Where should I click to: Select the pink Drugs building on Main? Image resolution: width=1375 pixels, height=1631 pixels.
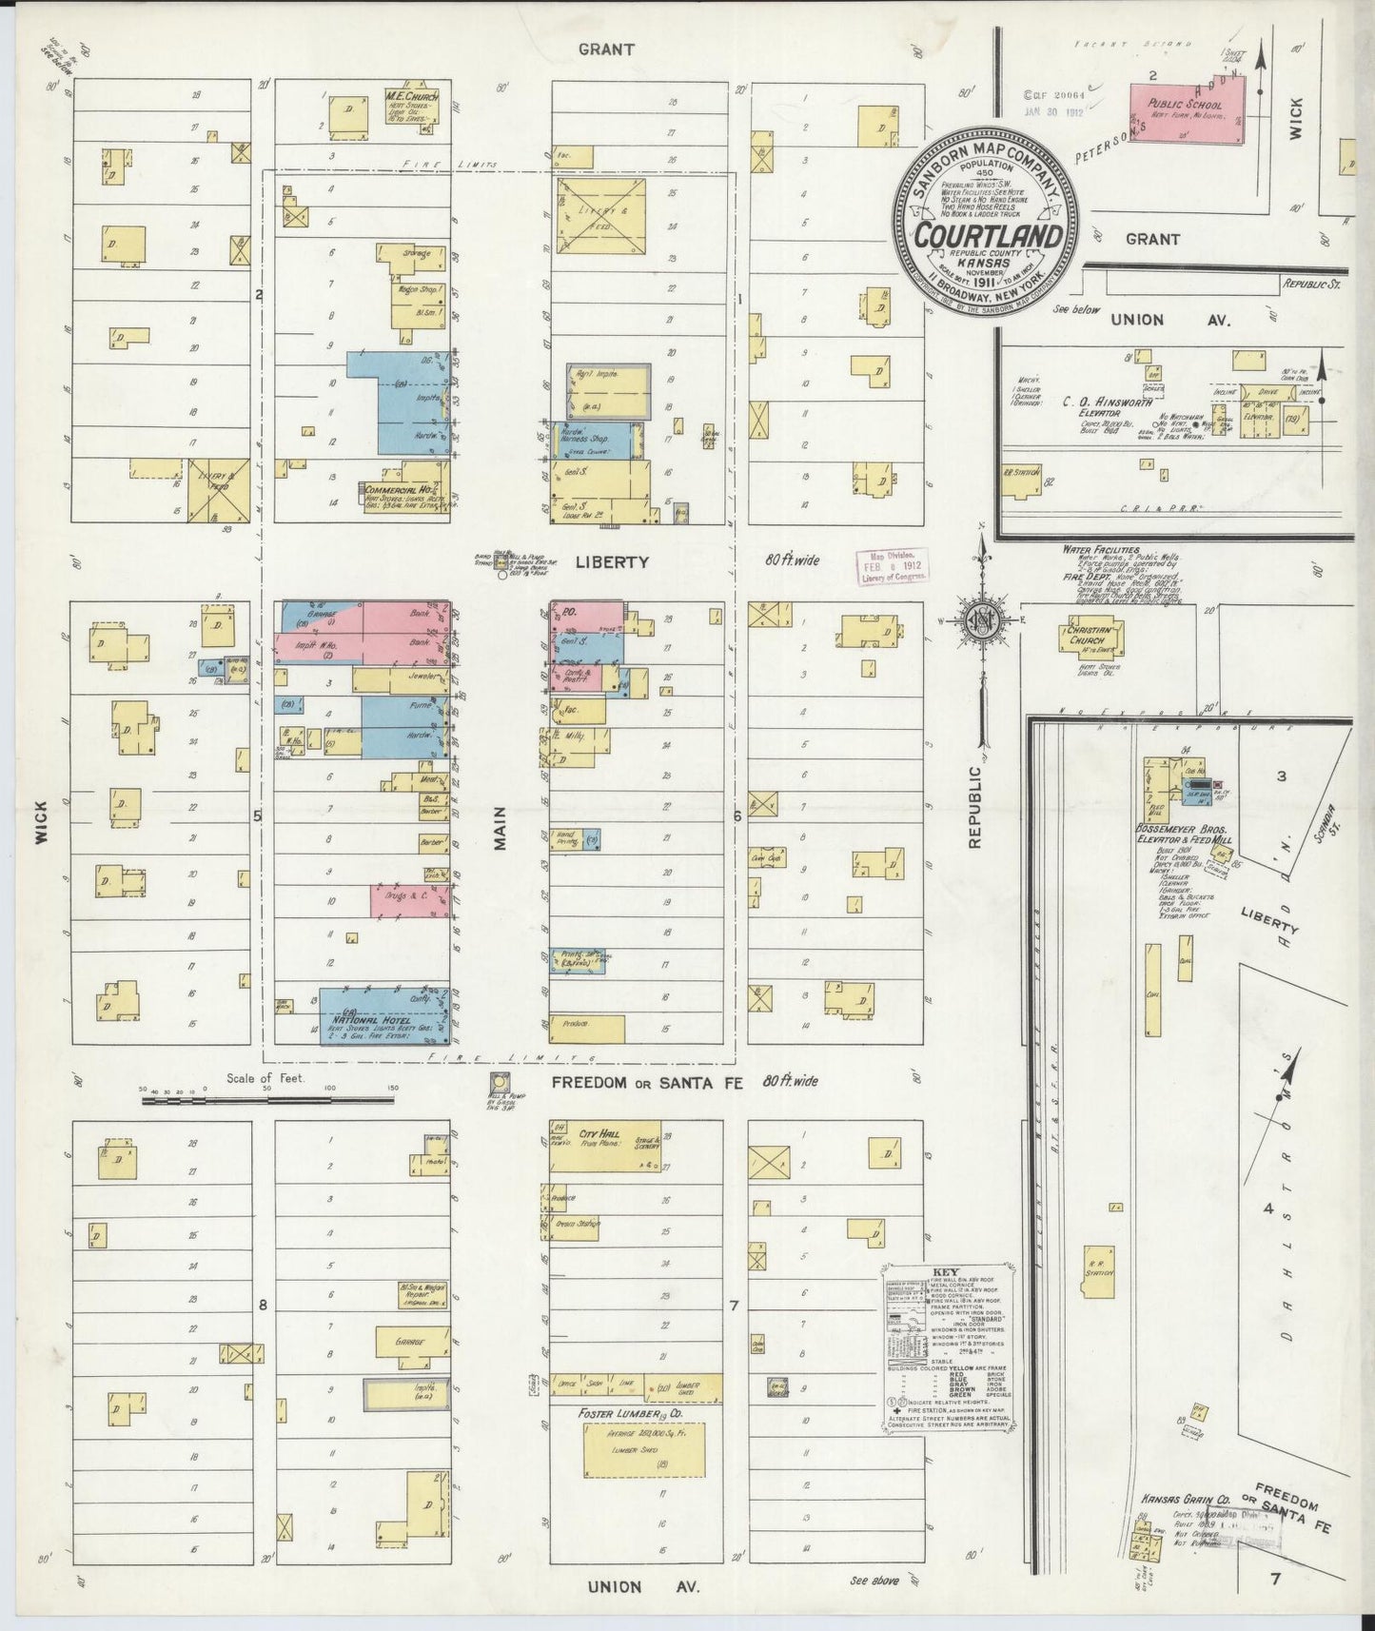pyautogui.click(x=409, y=901)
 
